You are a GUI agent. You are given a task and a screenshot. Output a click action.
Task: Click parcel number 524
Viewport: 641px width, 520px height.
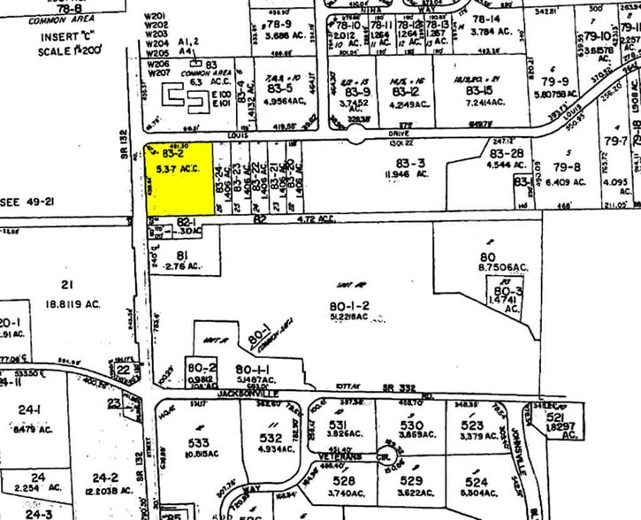point(477,483)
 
